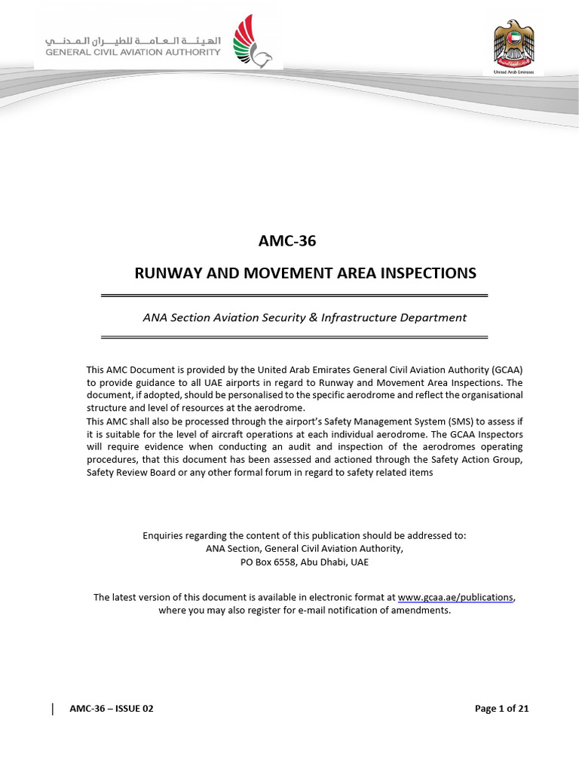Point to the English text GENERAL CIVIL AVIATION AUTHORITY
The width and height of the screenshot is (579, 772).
(133, 53)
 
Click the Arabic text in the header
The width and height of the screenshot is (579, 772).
(133, 39)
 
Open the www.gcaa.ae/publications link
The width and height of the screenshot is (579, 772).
(456, 597)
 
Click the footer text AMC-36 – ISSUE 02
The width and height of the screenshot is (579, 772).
(111, 709)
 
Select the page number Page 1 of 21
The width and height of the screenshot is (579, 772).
(501, 709)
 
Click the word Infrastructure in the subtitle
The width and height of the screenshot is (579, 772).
(358, 317)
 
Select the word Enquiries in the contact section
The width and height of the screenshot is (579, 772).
(164, 535)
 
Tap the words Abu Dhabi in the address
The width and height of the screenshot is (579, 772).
(329, 562)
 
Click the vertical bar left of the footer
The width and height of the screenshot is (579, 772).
(53, 708)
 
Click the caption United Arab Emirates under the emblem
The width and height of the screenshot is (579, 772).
(513, 71)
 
